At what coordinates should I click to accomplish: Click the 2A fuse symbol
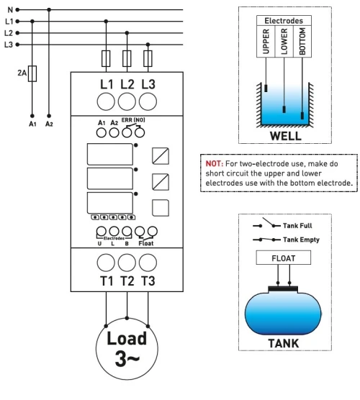pyautogui.click(x=32, y=73)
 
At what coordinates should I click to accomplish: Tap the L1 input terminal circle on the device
pyautogui.click(x=106, y=101)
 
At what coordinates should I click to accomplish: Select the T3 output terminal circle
pyautogui.click(x=148, y=263)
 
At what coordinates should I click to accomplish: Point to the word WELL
pyautogui.click(x=285, y=136)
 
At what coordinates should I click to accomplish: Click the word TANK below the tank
pyautogui.click(x=284, y=343)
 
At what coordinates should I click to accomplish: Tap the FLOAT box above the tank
pyautogui.click(x=284, y=258)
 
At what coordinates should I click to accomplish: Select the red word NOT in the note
pyautogui.click(x=215, y=163)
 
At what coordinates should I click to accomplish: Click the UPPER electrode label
pyautogui.click(x=266, y=41)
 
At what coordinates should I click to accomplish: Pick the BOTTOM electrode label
pyautogui.click(x=302, y=41)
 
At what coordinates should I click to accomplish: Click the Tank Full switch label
pyautogui.click(x=297, y=225)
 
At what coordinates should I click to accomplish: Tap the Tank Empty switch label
pyautogui.click(x=301, y=240)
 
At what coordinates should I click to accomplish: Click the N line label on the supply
pyautogui.click(x=10, y=10)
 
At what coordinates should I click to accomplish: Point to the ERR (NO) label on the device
pyautogui.click(x=133, y=120)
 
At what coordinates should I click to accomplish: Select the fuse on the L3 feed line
pyautogui.click(x=148, y=58)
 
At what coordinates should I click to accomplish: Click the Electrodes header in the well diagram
pyautogui.click(x=284, y=21)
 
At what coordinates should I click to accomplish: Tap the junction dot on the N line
pyautogui.click(x=49, y=9)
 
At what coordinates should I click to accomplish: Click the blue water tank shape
pyautogui.click(x=283, y=313)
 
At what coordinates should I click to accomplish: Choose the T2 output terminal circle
pyautogui.click(x=127, y=263)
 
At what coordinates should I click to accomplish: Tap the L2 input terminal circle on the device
pyautogui.click(x=127, y=101)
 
